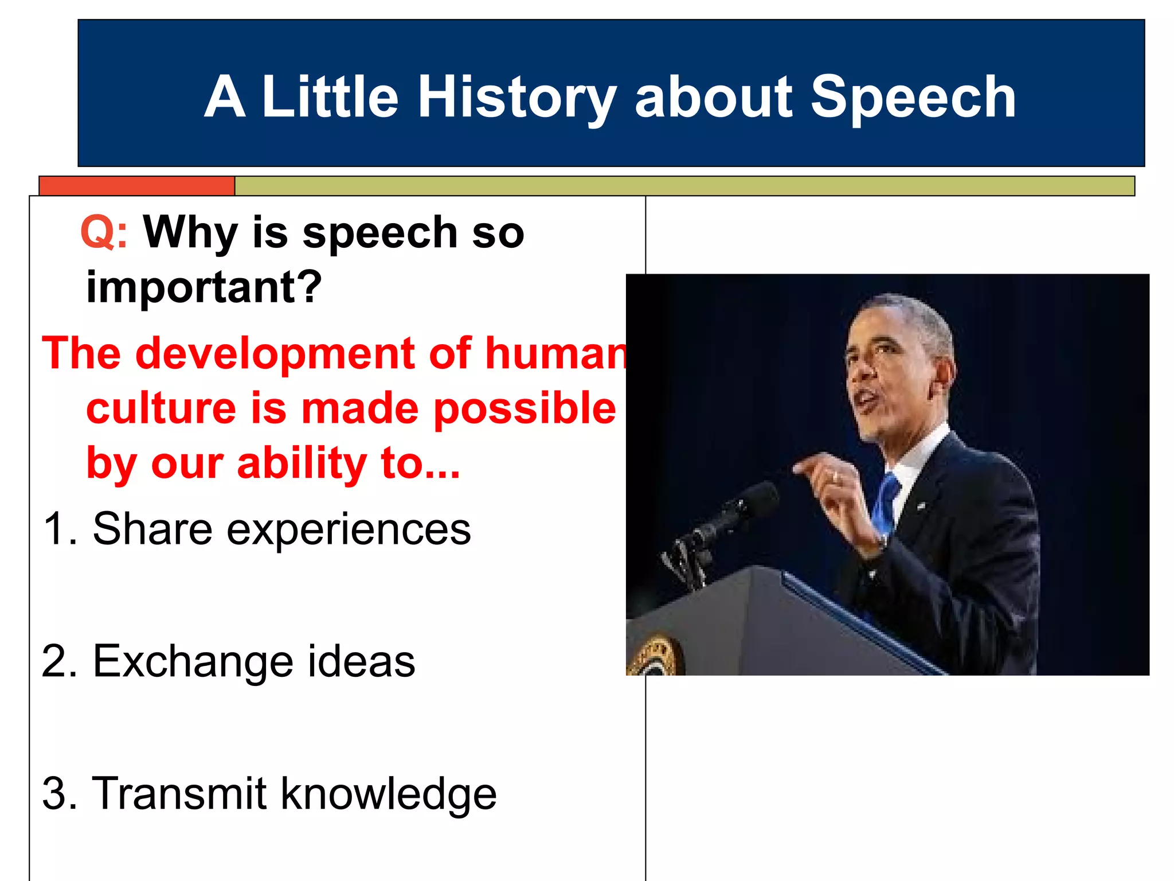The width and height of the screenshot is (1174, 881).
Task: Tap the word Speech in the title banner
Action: coord(913,98)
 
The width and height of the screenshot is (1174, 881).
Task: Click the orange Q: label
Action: coord(104,232)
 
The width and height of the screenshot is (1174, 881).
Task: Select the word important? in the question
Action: coord(204,287)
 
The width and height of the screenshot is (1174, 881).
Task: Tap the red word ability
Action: coord(302,463)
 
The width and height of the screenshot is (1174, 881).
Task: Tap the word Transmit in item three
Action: coord(179,793)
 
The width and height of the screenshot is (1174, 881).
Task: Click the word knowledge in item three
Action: coord(388,794)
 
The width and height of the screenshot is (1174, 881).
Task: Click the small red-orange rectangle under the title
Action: coord(137,186)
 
